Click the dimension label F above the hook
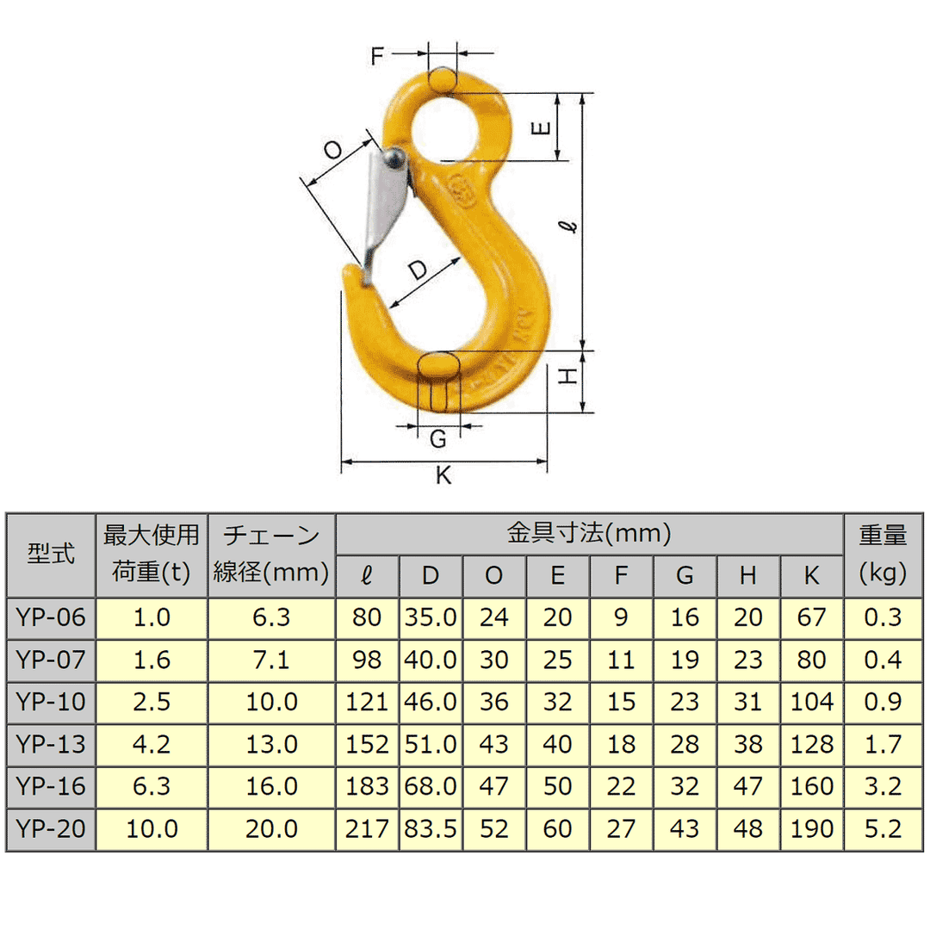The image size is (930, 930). [x=377, y=56]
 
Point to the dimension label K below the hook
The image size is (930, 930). [x=443, y=475]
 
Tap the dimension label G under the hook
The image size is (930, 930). [x=438, y=439]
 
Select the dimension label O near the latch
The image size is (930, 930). [x=333, y=150]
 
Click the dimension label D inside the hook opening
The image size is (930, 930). [x=418, y=270]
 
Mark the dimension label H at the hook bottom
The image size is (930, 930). [x=568, y=376]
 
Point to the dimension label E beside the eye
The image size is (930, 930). [x=541, y=127]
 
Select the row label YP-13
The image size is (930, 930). [x=51, y=744]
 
